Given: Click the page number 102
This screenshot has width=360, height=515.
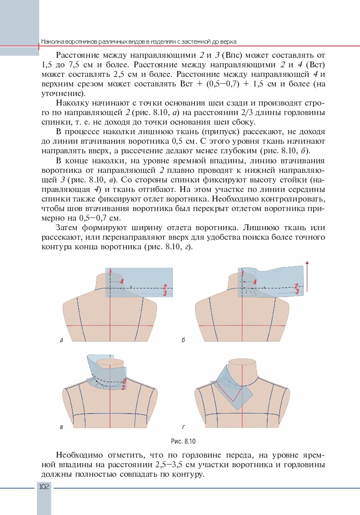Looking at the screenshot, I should tap(44, 487).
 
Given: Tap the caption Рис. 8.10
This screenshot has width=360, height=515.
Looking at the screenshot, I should tap(180, 441).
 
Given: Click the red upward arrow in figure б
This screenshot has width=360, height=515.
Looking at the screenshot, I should tap(308, 278).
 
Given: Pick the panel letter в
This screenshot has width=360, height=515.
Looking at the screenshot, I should tap(61, 427).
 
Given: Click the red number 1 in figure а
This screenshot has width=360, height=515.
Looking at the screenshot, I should tap(110, 273).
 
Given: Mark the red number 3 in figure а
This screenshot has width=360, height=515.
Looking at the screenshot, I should tap(165, 293).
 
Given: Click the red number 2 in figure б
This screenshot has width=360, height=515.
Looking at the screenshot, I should tap(296, 286).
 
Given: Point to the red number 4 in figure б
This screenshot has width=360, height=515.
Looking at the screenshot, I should tap(255, 282).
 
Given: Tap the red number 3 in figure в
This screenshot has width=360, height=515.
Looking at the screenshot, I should tap(123, 387).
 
